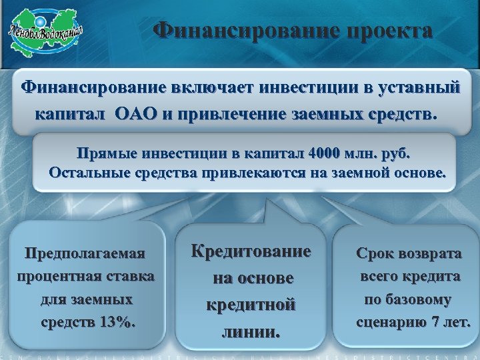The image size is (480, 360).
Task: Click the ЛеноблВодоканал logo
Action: point(45,33)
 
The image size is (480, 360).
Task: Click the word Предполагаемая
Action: point(85,253)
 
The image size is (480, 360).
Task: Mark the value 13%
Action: point(117,323)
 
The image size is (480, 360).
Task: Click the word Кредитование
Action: point(251,252)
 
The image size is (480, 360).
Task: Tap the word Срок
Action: point(377,253)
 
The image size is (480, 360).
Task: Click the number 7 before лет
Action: point(436,323)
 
